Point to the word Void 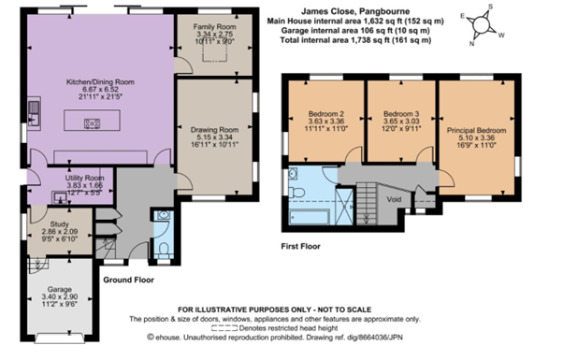(x=394, y=198)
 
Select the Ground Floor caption (x=128, y=280)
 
